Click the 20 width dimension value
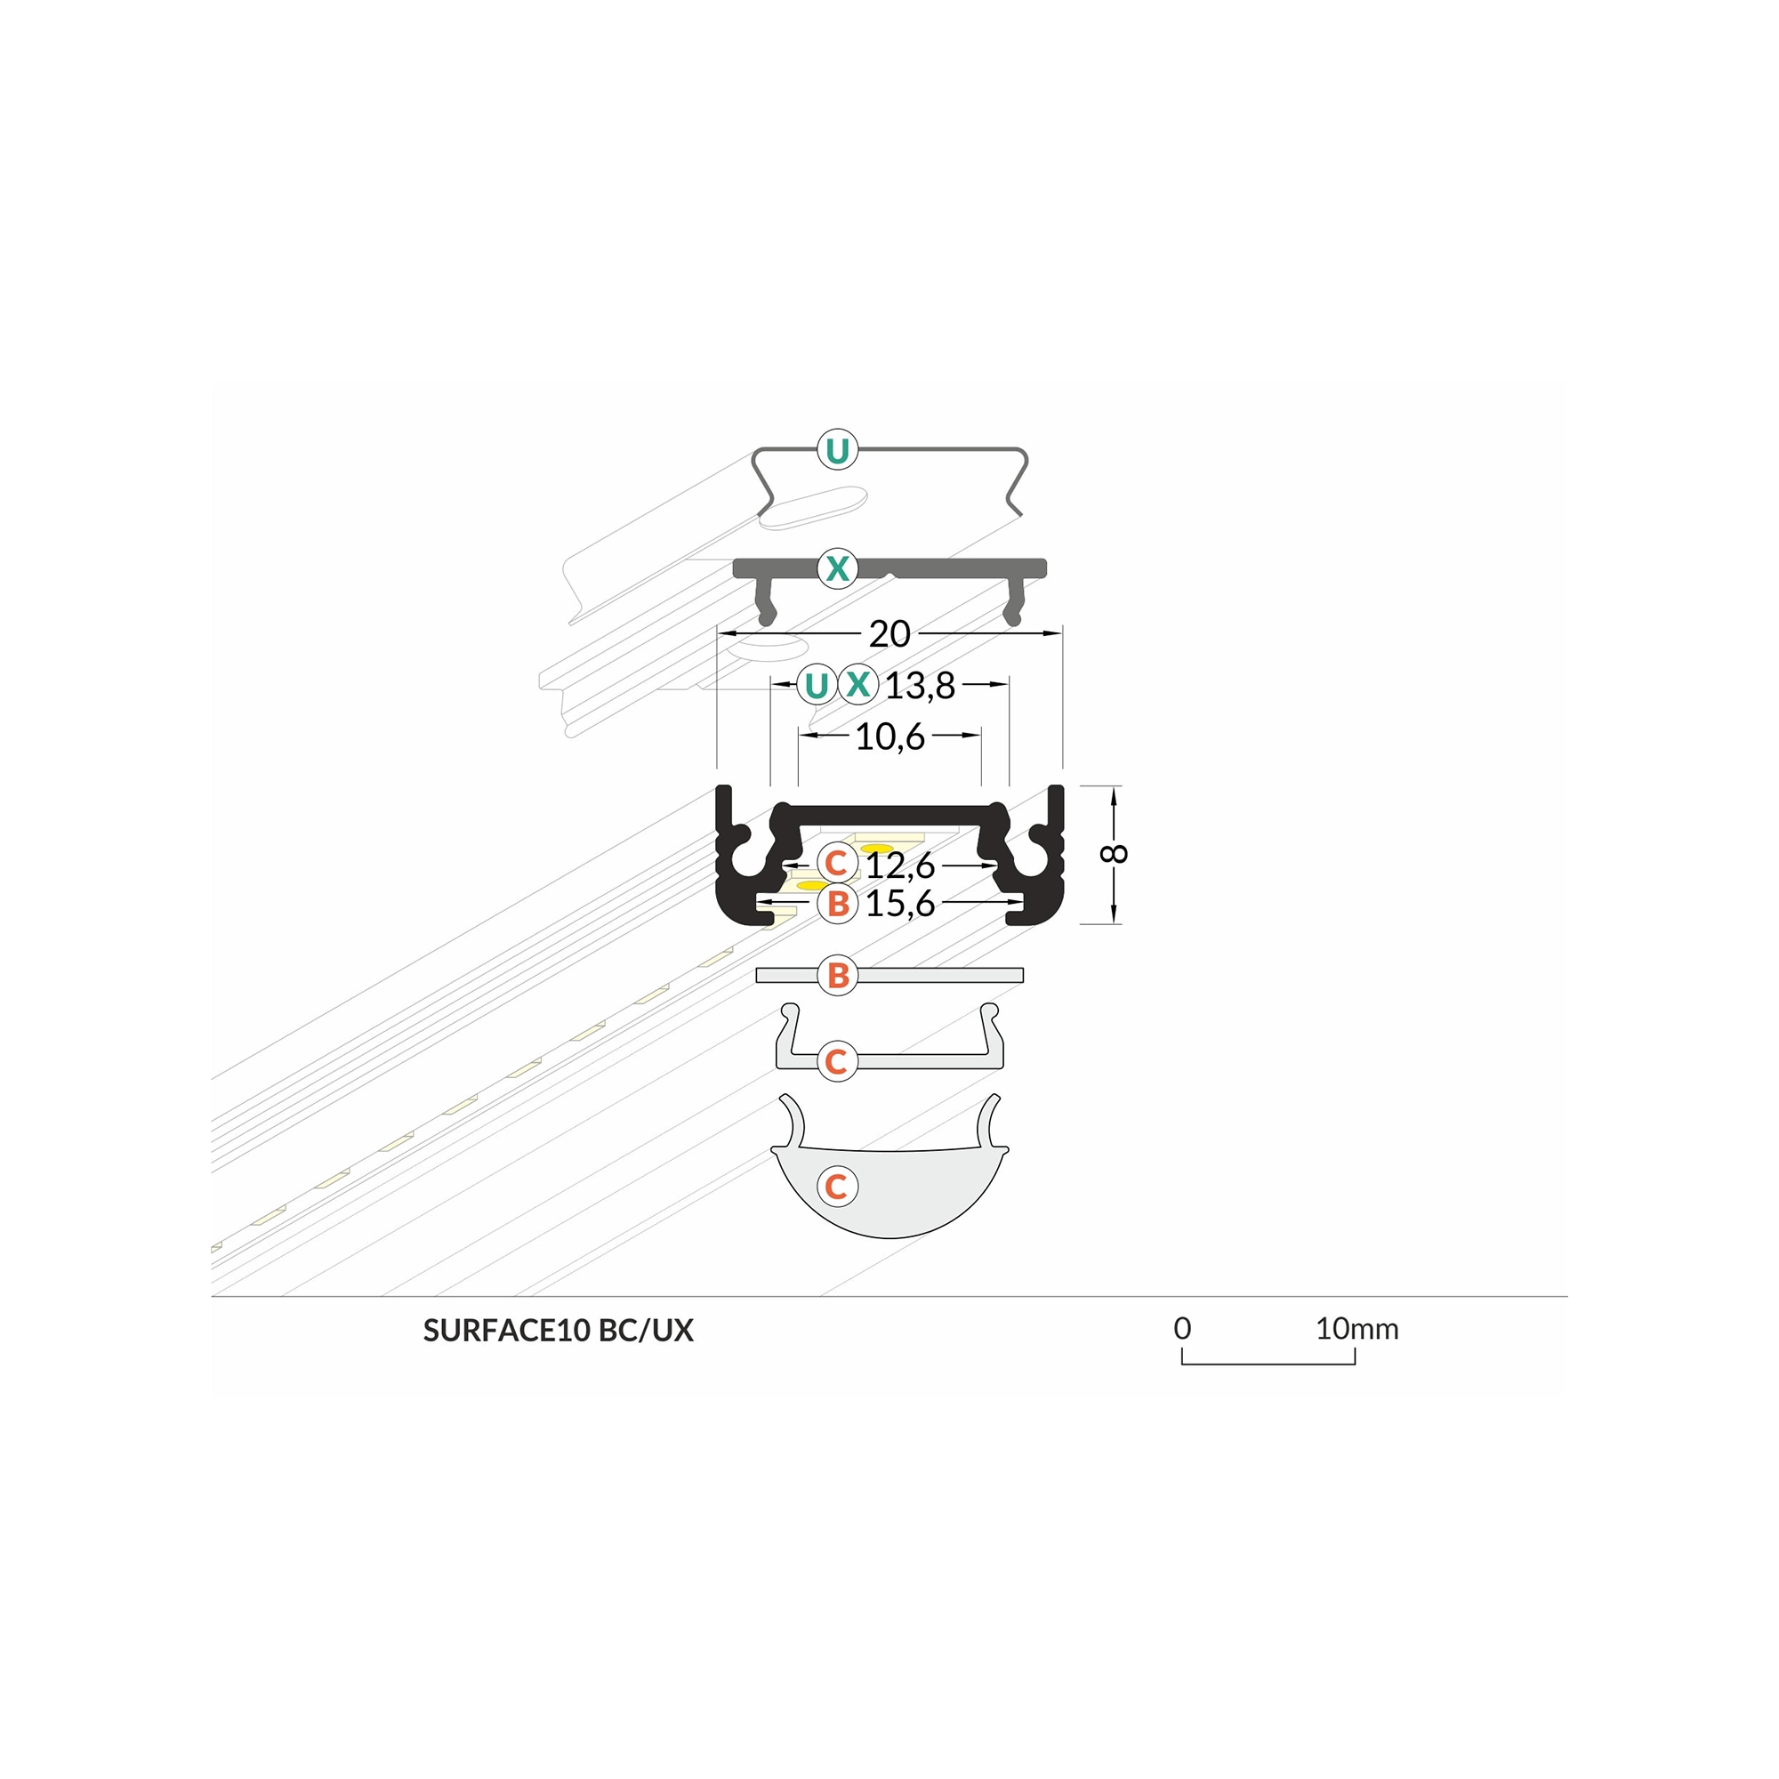click(889, 633)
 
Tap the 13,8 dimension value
click(920, 685)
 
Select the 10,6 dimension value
click(889, 737)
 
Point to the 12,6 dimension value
click(899, 865)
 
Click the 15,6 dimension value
click(899, 905)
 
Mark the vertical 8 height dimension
click(1115, 854)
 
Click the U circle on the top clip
click(837, 451)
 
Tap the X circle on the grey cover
click(837, 568)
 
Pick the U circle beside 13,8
click(816, 685)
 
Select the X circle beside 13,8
click(858, 684)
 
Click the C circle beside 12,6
click(836, 864)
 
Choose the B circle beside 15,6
click(837, 904)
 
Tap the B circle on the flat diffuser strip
click(837, 975)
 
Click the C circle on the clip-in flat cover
click(837, 1061)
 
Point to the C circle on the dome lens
click(837, 1186)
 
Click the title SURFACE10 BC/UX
click(558, 1331)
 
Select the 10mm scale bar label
click(1356, 1329)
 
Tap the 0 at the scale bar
click(1182, 1329)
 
